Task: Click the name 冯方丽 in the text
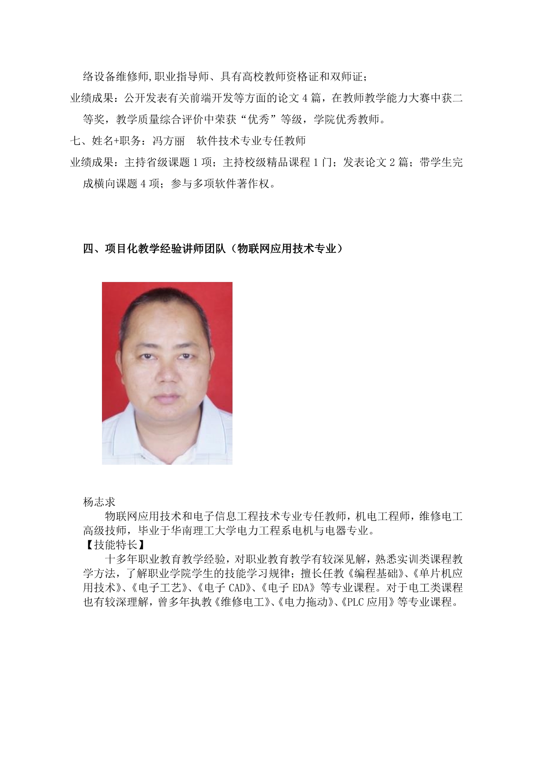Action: pos(168,141)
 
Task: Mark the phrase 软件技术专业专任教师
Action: pos(251,141)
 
